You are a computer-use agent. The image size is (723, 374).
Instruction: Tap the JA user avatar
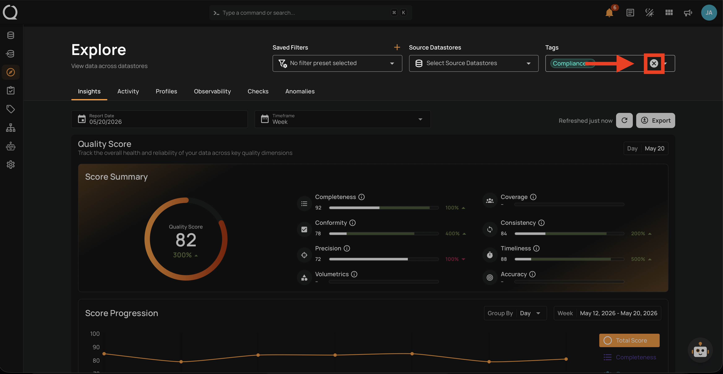point(709,13)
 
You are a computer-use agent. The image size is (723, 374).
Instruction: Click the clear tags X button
point(654,64)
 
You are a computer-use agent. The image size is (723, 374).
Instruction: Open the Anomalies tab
point(300,91)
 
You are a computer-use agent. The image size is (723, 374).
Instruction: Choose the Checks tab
point(258,91)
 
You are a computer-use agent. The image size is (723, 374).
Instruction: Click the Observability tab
point(212,91)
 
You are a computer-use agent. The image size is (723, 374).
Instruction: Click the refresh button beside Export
point(624,120)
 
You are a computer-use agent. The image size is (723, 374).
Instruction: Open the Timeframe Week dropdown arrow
point(420,119)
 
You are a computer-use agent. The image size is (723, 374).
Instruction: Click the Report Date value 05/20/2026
point(105,122)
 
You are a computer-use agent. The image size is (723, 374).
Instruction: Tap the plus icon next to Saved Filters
point(397,47)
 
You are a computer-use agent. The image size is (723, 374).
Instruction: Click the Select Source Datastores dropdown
point(473,63)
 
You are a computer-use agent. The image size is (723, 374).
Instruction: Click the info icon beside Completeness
point(361,197)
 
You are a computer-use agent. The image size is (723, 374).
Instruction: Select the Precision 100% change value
point(452,259)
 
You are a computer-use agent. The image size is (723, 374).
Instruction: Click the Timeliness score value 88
point(504,259)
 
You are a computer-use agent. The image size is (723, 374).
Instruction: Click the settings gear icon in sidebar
point(11,165)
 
